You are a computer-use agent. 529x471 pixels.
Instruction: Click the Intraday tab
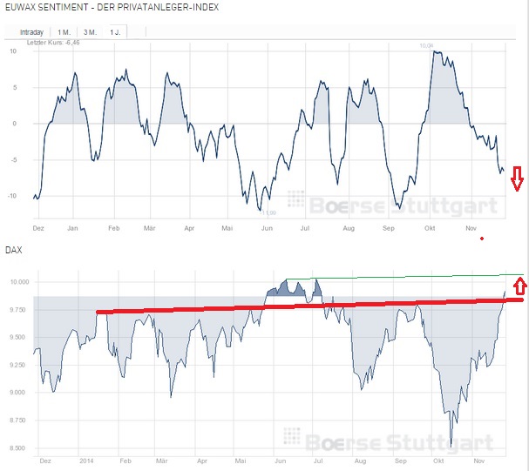[31, 31]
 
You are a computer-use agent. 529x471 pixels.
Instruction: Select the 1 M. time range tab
[64, 31]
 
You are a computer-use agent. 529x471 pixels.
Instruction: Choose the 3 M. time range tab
[90, 31]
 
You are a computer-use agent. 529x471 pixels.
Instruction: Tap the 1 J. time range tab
[115, 31]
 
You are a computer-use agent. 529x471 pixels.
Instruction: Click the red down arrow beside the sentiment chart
[517, 178]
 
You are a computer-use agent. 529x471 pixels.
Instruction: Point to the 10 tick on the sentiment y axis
[12, 50]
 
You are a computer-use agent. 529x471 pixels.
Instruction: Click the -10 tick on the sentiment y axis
[10, 195]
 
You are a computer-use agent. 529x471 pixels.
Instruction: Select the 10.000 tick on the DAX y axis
[18, 282]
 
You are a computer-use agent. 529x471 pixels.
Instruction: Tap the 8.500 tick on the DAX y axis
[18, 448]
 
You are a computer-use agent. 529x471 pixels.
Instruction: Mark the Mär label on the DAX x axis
[161, 460]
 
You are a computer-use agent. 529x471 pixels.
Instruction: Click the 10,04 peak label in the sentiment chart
[426, 44]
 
